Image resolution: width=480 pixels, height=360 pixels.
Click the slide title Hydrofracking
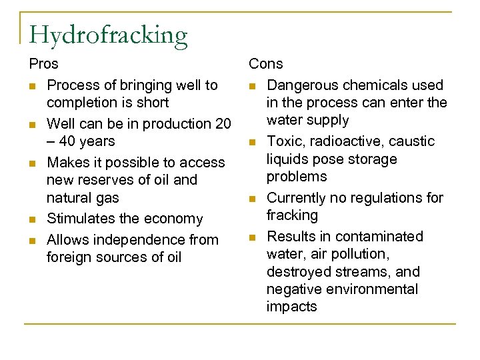tap(108, 35)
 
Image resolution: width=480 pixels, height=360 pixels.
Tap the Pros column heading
tap(43, 64)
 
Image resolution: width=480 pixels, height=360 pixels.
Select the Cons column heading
tap(265, 64)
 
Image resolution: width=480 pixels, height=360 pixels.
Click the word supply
tap(328, 120)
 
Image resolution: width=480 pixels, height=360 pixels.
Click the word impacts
tap(292, 307)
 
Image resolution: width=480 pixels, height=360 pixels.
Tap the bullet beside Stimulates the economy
tap(33, 219)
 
